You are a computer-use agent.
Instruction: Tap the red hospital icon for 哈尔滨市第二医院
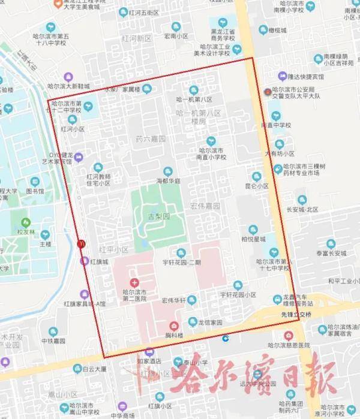click(x=134, y=282)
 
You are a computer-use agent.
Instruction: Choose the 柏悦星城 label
click(x=253, y=240)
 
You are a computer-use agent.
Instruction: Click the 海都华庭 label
click(x=168, y=179)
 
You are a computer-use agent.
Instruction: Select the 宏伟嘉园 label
click(x=205, y=206)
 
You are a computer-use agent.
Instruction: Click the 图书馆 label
click(x=35, y=192)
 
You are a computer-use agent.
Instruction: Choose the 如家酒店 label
click(x=146, y=362)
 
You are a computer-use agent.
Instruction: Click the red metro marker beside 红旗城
click(x=82, y=243)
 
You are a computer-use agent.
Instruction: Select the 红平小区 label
click(x=114, y=249)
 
